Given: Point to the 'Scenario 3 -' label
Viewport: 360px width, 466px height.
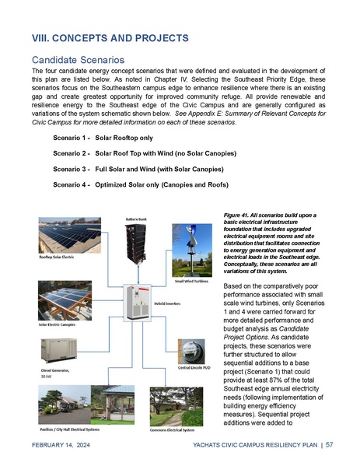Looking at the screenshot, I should pyautogui.click(x=68, y=168).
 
